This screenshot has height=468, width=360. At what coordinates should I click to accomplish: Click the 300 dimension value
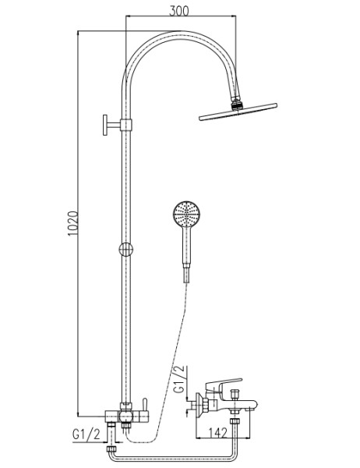179,11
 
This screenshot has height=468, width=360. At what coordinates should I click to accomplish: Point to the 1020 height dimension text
72,224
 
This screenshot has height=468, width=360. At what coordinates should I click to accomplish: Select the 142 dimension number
217,433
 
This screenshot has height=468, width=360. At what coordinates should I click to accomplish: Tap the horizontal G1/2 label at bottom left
86,434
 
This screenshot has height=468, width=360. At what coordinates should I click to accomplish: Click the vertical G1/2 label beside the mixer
179,379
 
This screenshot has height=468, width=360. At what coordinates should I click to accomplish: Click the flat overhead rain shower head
238,112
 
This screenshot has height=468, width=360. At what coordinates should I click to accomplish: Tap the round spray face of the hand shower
187,214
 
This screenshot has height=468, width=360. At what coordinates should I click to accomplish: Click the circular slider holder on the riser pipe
126,250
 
